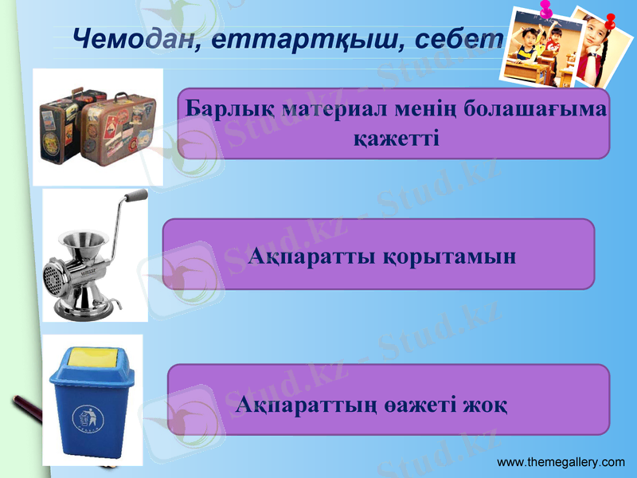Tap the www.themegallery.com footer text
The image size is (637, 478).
coord(561,462)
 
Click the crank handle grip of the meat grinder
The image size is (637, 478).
coord(137,196)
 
